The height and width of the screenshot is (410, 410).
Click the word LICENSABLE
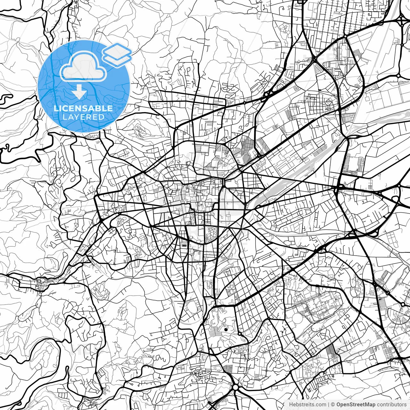click(83, 108)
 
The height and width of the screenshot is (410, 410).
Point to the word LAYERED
click(83, 117)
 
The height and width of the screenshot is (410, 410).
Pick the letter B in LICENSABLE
click(100, 108)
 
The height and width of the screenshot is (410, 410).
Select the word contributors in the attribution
click(390, 405)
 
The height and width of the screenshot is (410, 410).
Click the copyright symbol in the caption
click(333, 405)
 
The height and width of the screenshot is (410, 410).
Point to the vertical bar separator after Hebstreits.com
click(329, 405)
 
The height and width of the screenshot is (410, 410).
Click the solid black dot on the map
click(226, 329)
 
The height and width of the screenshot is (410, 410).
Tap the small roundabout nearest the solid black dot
click(239, 334)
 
